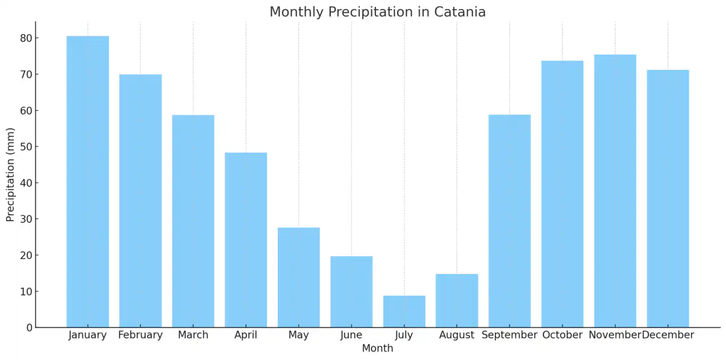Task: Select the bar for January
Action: click(87, 181)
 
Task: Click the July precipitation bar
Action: click(404, 311)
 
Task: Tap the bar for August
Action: click(457, 300)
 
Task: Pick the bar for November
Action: click(615, 190)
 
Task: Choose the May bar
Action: click(298, 277)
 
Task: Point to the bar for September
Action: click(509, 221)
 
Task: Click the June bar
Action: click(351, 291)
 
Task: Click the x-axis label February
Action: click(140, 335)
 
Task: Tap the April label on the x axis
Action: click(246, 335)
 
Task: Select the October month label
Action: click(562, 335)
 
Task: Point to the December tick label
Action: click(668, 335)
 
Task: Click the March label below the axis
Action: click(193, 335)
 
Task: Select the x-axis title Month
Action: click(377, 348)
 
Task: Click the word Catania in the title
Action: click(462, 12)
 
